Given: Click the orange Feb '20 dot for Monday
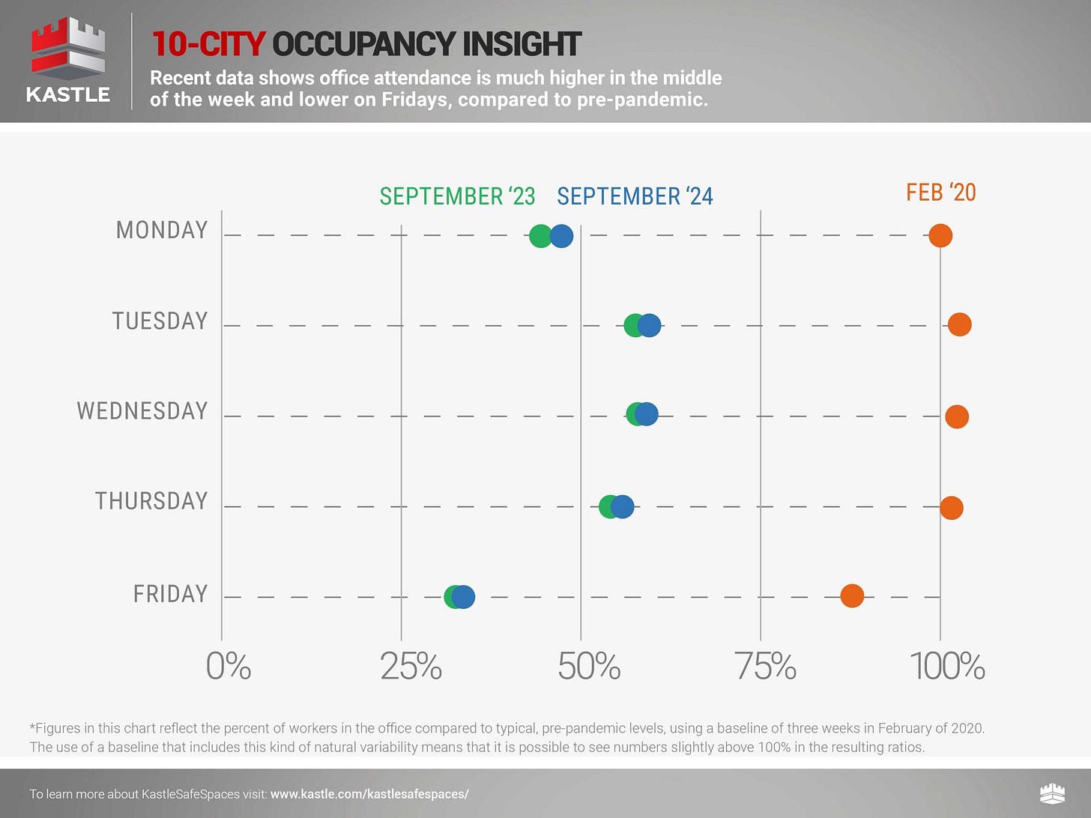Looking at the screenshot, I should [940, 235].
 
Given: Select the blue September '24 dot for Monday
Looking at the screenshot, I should [562, 236].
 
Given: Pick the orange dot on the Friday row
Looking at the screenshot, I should [852, 596].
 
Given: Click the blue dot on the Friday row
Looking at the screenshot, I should [464, 597].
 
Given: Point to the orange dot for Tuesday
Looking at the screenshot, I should [960, 324].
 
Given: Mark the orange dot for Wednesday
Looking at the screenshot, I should [957, 416].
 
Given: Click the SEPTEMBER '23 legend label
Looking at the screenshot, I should [457, 196].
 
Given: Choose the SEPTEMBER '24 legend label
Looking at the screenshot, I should [635, 196].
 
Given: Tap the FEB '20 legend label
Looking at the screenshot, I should [941, 193].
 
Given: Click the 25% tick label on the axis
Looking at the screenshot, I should [411, 666].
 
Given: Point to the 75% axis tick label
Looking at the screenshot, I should [765, 666].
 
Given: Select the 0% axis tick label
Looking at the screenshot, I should [229, 666].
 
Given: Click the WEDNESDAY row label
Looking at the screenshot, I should [142, 410].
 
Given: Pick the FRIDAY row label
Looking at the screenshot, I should [171, 593].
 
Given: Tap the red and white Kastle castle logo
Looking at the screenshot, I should [68, 48].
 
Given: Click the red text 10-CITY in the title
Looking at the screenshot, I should [208, 44].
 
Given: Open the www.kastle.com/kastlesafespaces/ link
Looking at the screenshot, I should [369, 794].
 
